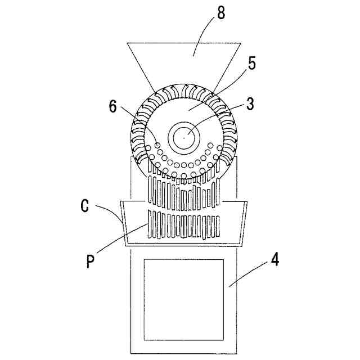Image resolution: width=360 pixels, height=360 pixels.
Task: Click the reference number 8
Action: click(221, 13)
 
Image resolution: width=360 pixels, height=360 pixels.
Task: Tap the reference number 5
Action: click(251, 63)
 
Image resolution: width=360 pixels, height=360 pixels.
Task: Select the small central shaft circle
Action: click(183, 137)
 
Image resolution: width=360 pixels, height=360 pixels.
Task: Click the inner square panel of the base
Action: click(183, 299)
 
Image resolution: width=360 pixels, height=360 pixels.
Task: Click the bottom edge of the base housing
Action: click(183, 353)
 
